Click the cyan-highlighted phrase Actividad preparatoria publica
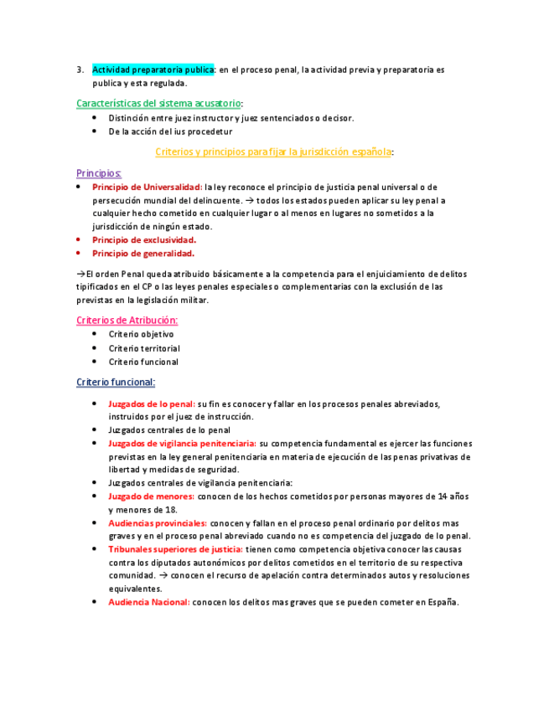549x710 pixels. click(x=153, y=69)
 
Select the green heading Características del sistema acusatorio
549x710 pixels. click(x=158, y=103)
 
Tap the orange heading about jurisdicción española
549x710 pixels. click(x=274, y=152)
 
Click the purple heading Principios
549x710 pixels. click(x=99, y=172)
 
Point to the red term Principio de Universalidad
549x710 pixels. click(x=147, y=187)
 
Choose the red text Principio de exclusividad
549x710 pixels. click(x=144, y=239)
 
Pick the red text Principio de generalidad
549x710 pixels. click(x=143, y=253)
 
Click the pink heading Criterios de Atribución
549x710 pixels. click(x=127, y=320)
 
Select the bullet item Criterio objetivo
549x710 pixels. click(x=141, y=334)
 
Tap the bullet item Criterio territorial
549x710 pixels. click(x=144, y=348)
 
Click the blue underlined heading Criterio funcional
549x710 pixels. click(x=116, y=382)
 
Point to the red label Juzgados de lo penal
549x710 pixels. click(x=152, y=403)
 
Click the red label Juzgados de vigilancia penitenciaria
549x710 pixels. click(x=183, y=443)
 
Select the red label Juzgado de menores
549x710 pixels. click(x=151, y=496)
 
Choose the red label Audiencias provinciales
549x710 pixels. click(x=158, y=522)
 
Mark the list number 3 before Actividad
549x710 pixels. click(x=79, y=69)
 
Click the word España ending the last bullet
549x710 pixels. click(x=443, y=603)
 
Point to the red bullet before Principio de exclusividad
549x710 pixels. click(x=78, y=239)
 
